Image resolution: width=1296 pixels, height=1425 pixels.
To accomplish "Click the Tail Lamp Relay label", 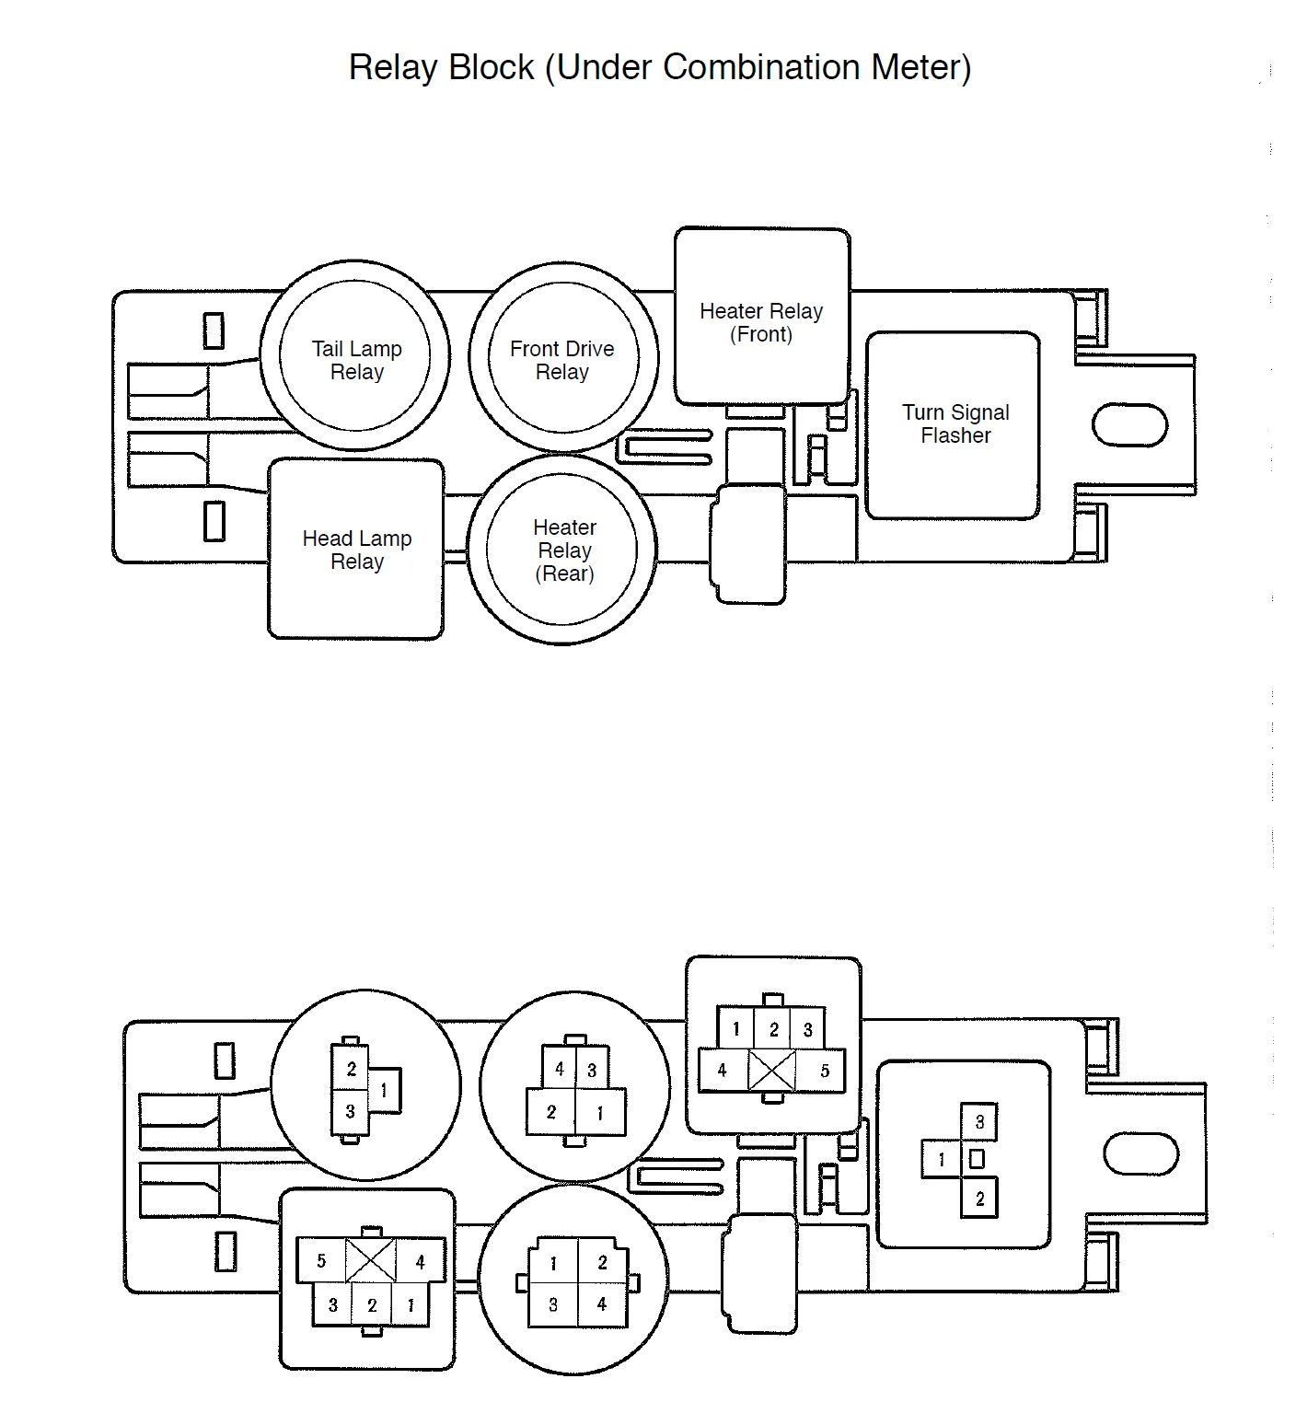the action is point(357,360).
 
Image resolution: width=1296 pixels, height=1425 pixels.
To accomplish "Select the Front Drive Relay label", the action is point(561,360).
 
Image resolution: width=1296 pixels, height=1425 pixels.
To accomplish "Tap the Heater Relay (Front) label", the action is point(761,322).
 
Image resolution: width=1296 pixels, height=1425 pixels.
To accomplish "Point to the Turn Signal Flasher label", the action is point(955,423).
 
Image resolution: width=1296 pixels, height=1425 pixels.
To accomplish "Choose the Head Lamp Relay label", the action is point(357,550).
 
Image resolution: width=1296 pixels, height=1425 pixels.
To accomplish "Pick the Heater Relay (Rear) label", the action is point(565,550).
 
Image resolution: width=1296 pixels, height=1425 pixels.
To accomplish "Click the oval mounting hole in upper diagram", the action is point(1129,424).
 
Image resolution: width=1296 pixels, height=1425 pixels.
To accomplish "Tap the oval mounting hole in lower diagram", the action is point(1140,1154).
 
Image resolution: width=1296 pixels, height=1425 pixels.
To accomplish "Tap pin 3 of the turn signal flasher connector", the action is point(978,1122).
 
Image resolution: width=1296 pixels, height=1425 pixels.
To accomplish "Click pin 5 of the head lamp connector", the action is point(321,1260).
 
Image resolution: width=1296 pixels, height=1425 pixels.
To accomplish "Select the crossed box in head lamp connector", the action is point(370,1260).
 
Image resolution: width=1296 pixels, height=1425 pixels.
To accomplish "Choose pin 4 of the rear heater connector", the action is point(603,1304).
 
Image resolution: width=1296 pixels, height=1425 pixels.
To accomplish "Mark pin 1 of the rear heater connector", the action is point(552,1263).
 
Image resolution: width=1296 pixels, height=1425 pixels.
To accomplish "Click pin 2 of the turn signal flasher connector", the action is point(978,1198).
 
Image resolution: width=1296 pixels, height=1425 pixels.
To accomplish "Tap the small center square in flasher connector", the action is point(978,1159).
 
